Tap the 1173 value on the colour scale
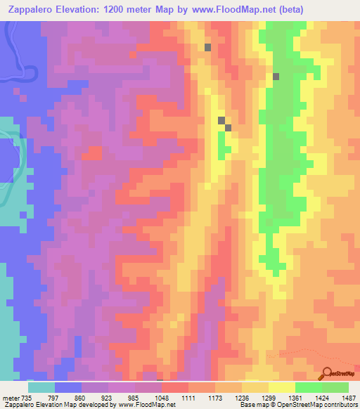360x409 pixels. pyautogui.click(x=232, y=398)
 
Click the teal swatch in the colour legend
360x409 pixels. pyautogui.click(x=41, y=387)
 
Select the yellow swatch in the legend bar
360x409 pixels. pyautogui.click(x=282, y=387)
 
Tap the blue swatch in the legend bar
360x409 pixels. pyautogui.click(x=68, y=387)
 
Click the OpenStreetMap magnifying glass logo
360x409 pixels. pyautogui.click(x=327, y=374)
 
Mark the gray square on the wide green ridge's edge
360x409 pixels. pyautogui.click(x=276, y=77)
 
